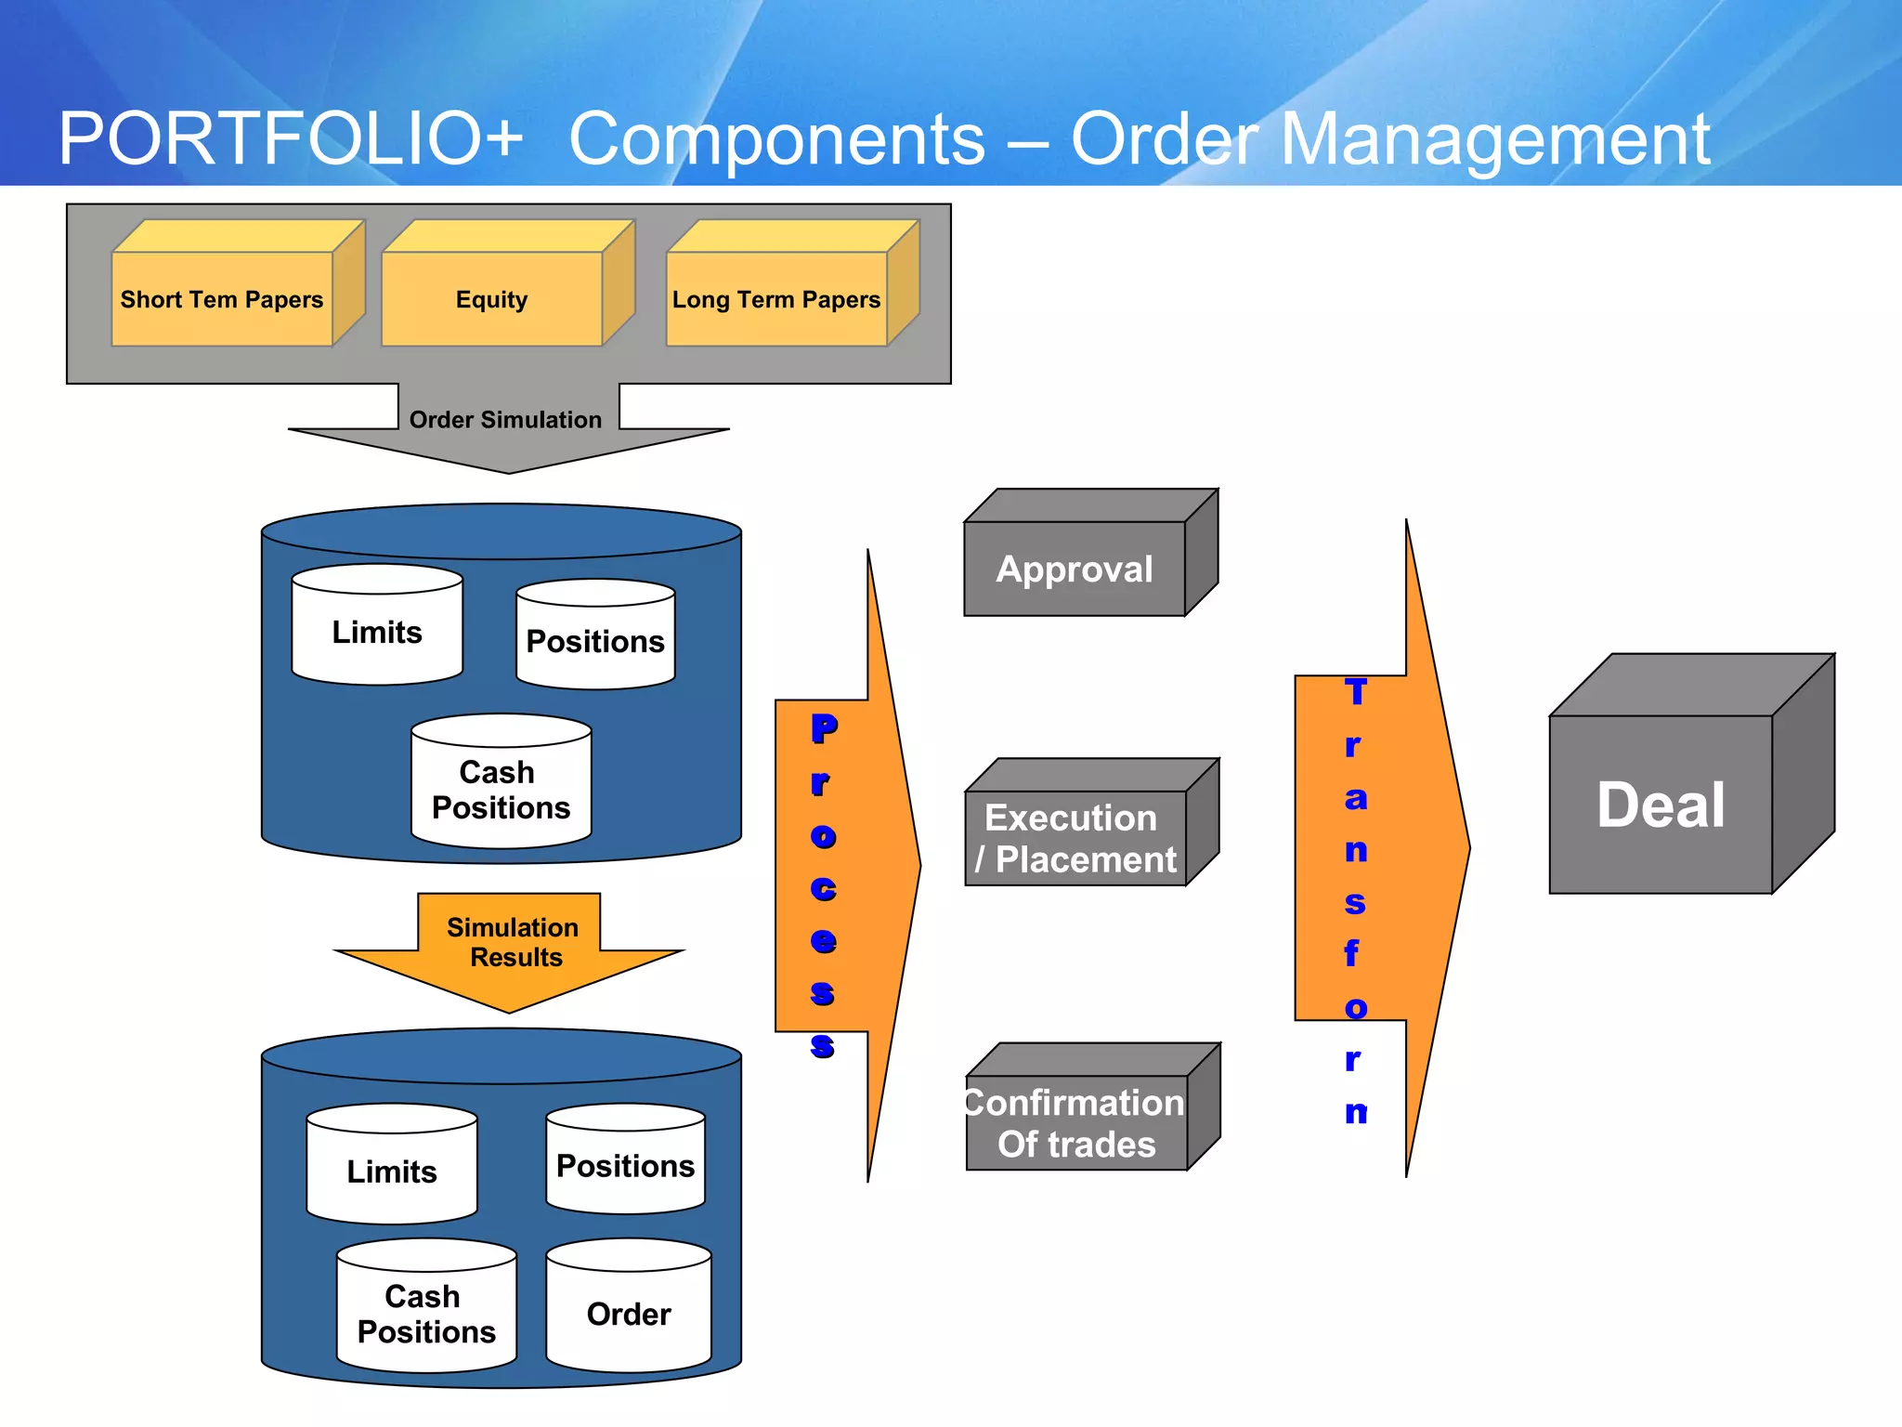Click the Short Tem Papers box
coord(222,299)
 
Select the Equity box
coord(491,299)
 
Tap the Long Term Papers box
coord(776,299)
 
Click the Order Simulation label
coord(506,420)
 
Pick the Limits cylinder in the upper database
coord(377,632)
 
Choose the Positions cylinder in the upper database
coord(595,641)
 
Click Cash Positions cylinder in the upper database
coord(502,790)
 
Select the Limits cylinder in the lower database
coord(392,1171)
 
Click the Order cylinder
coord(629,1314)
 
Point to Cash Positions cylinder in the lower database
coord(426,1314)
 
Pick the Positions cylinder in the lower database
coord(625,1165)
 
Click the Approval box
coord(1075,569)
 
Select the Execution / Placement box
coord(1075,838)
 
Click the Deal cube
coord(1661,804)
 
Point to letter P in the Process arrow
coord(824,728)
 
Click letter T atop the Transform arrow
coord(1356,691)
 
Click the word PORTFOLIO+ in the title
coord(291,139)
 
